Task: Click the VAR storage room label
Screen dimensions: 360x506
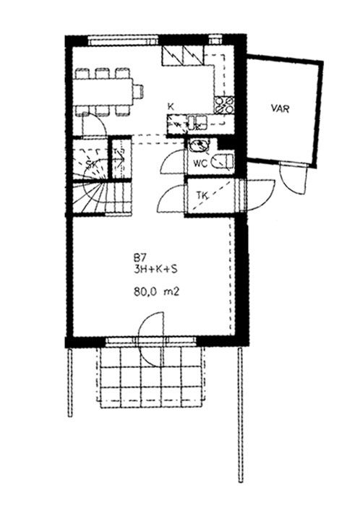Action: tap(280, 108)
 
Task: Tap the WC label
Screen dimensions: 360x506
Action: tap(200, 163)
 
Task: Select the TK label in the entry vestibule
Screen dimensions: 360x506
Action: tap(202, 196)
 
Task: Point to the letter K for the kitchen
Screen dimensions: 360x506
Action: tap(171, 107)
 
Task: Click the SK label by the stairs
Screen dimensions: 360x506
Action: tap(91, 164)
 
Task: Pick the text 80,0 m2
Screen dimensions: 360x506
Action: tap(156, 292)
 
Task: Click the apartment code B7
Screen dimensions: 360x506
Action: tap(140, 258)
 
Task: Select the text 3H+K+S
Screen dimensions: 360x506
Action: tap(155, 270)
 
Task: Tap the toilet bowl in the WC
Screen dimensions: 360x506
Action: tap(223, 161)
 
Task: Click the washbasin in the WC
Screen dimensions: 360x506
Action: tap(199, 145)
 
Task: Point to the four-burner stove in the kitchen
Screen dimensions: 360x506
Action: tap(224, 105)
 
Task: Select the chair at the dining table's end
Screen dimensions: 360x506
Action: tap(138, 91)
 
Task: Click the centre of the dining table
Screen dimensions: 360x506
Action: tap(103, 91)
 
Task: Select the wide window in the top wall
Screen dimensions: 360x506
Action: tap(123, 41)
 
